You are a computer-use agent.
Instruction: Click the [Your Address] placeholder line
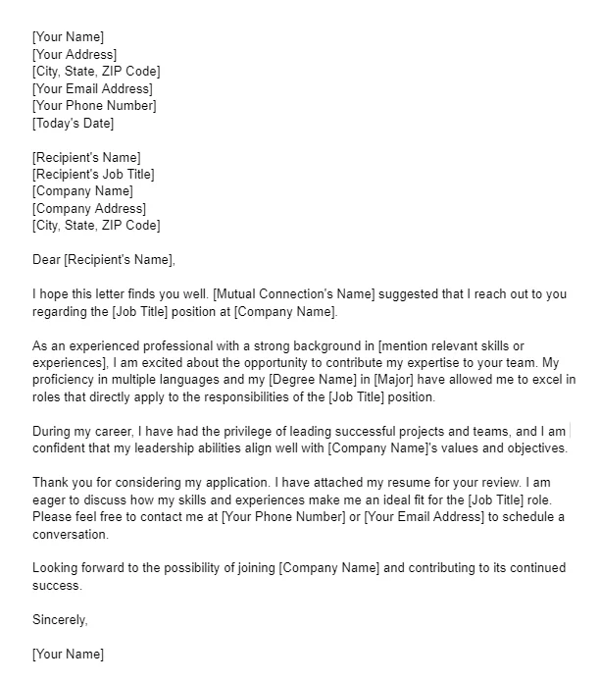(x=75, y=54)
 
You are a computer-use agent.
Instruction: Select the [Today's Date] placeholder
(x=73, y=123)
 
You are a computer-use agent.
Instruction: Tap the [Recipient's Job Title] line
(x=93, y=174)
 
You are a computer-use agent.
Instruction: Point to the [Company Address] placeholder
(x=88, y=208)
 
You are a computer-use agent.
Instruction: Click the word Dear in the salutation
(x=46, y=260)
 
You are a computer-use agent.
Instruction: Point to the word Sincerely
(x=60, y=620)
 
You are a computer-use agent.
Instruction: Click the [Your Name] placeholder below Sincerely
(x=68, y=654)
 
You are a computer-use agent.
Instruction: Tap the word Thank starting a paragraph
(x=50, y=483)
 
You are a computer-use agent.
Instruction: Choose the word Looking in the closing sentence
(x=57, y=568)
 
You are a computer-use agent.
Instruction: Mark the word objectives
(x=535, y=448)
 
